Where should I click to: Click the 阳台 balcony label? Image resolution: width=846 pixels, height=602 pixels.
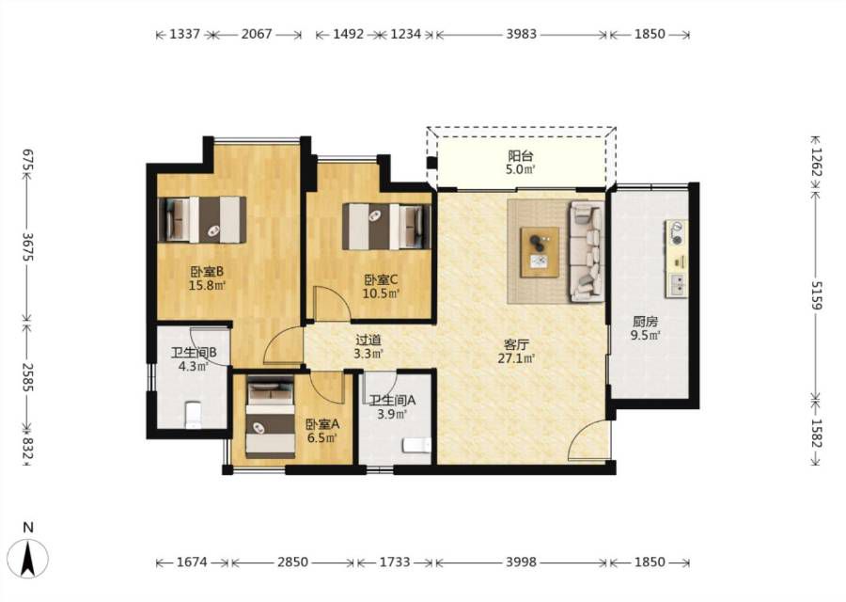coord(521,156)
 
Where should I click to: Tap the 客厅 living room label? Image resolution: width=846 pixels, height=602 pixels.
coord(516,344)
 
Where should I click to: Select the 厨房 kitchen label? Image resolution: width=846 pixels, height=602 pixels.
coord(645,323)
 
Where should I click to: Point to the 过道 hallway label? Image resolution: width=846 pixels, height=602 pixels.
coord(368,341)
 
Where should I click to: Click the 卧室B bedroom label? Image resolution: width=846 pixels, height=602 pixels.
coord(207,271)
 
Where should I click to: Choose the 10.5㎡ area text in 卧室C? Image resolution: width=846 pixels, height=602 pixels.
coord(381,293)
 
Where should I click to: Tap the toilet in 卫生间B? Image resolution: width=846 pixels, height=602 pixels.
coord(193,415)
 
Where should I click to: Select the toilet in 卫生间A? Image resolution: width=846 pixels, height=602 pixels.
coord(417,446)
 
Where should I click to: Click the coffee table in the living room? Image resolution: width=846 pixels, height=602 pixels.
coord(540,253)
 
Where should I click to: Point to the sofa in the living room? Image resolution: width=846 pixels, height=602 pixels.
coord(587,251)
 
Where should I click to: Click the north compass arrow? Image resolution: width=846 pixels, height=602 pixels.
coord(28,559)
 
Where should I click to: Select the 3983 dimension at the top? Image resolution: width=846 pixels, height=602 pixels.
coord(521,34)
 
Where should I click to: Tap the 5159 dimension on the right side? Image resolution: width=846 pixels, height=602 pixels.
coord(816,295)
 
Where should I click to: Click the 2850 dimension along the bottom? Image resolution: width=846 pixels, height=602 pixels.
coord(293,562)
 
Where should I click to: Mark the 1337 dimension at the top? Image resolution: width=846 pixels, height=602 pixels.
coord(185,34)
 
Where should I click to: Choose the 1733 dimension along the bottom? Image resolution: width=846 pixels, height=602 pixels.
coord(395,562)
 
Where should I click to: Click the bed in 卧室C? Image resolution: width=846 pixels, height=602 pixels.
coord(386,227)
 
